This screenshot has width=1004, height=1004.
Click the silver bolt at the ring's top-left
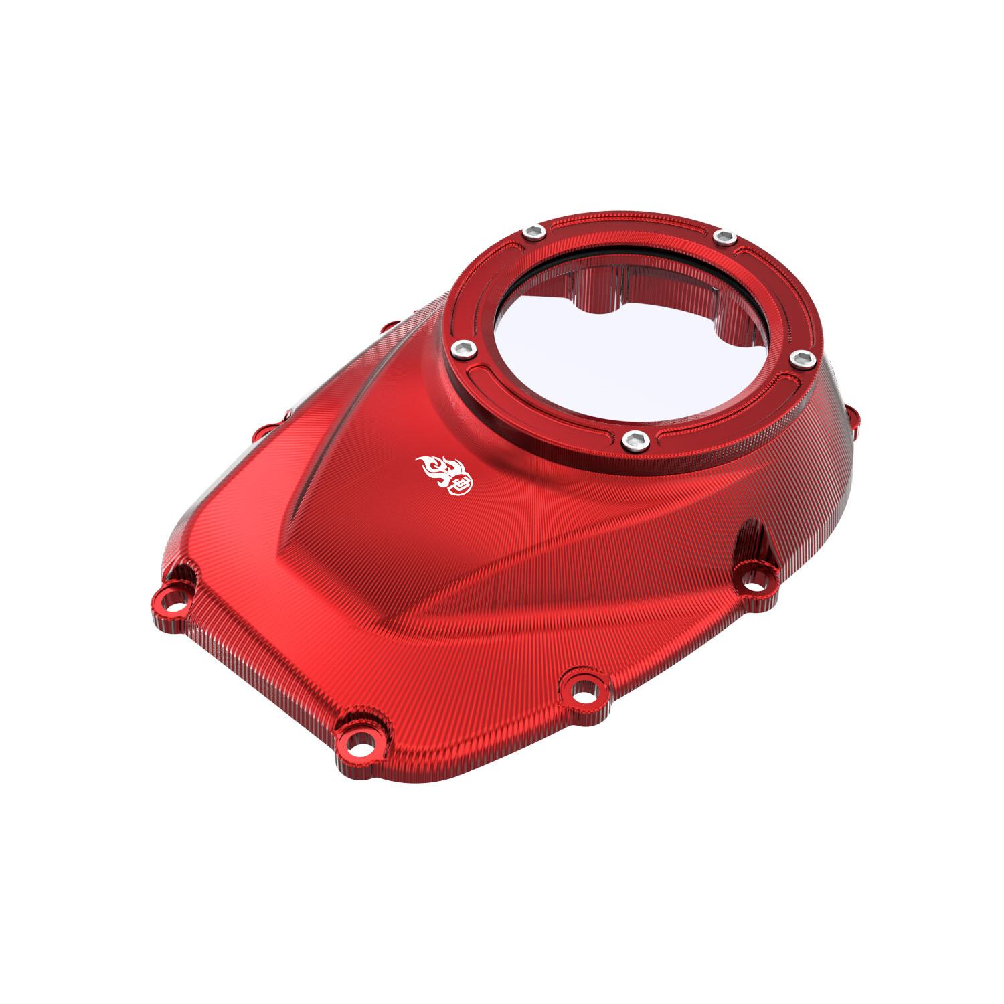coord(533,232)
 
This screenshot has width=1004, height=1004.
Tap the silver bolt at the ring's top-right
coord(724,237)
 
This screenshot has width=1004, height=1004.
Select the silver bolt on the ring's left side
coord(463,348)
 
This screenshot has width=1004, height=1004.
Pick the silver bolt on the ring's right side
coord(803,359)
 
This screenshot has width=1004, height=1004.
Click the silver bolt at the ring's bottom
coord(635,441)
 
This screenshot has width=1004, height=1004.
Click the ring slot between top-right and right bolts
coord(780,288)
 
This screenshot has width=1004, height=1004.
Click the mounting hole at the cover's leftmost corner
coord(173,598)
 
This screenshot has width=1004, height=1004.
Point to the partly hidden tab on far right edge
coord(855,418)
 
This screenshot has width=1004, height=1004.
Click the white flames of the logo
coord(435,469)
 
